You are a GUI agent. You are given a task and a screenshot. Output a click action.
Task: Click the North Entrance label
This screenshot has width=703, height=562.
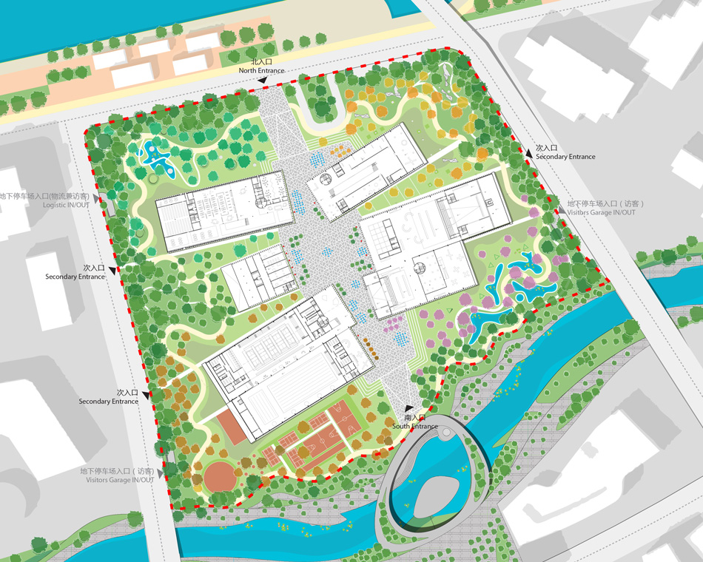(261, 70)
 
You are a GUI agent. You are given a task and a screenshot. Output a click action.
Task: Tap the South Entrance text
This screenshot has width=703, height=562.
(415, 427)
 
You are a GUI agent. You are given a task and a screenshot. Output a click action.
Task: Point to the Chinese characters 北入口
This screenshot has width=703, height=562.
(262, 62)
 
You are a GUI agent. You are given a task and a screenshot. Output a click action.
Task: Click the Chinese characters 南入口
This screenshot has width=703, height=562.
(415, 419)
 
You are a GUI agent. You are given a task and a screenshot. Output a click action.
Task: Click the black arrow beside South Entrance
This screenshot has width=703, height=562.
(406, 407)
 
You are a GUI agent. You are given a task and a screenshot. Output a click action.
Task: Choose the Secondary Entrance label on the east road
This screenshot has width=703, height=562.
(565, 157)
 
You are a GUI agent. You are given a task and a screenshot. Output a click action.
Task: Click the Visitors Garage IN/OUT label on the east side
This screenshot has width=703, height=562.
(601, 212)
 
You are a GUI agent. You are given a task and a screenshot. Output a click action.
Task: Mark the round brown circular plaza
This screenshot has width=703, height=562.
(218, 476)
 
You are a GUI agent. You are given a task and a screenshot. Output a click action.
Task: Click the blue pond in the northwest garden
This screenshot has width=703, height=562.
(158, 159)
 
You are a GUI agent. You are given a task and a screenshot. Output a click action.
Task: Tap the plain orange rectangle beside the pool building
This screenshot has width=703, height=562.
(232, 427)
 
